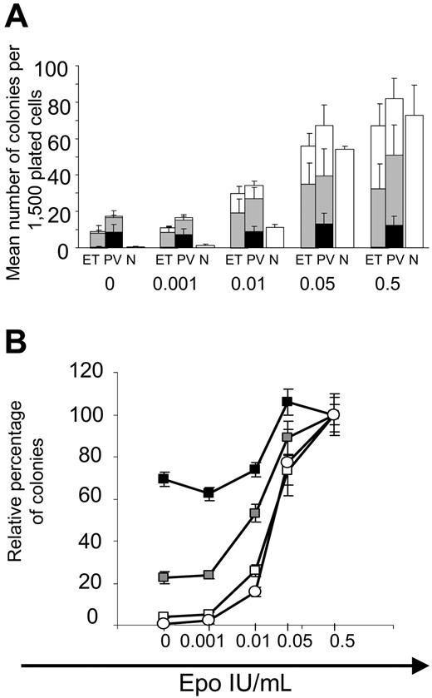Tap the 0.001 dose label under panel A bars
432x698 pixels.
coord(175,284)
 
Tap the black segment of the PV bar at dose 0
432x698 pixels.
coord(113,240)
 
